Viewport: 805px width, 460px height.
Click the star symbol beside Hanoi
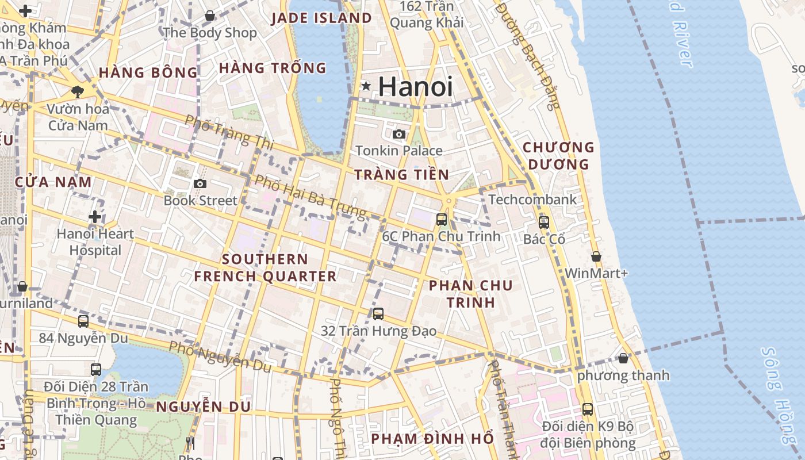(x=366, y=86)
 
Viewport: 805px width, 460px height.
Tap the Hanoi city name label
(x=415, y=86)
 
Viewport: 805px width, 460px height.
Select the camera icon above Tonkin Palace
(x=398, y=134)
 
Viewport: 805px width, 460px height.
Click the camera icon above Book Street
(x=200, y=183)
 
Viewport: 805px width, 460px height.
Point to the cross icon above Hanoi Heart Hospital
(x=95, y=217)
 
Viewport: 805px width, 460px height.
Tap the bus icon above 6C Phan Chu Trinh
(x=442, y=219)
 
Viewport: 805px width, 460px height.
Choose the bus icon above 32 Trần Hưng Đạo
(x=378, y=313)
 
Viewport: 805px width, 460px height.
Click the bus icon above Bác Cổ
(x=544, y=222)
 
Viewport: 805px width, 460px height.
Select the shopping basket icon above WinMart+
(x=596, y=256)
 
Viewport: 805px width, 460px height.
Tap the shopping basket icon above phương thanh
(x=623, y=358)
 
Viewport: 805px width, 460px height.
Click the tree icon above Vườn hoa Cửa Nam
(x=77, y=91)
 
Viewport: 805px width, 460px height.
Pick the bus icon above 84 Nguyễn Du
(x=83, y=321)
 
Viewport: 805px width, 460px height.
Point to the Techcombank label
(x=532, y=200)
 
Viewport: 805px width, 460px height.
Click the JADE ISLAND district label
(x=321, y=18)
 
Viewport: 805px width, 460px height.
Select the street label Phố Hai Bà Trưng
(x=310, y=197)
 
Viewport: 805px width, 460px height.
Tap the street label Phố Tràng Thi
(x=229, y=130)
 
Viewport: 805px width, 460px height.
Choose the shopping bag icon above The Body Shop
(x=210, y=16)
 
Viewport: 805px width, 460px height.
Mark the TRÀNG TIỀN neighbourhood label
(x=401, y=175)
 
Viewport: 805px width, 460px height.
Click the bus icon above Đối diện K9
(x=588, y=409)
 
